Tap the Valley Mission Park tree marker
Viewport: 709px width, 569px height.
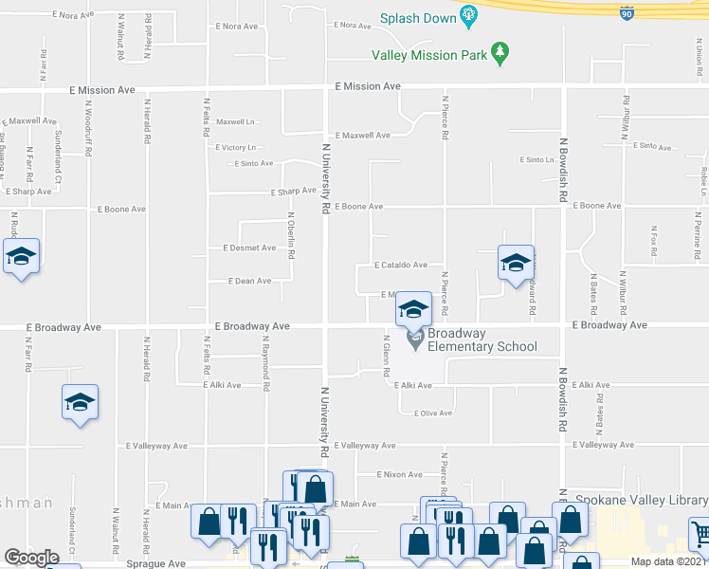(500, 54)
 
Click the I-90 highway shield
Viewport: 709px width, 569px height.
(626, 12)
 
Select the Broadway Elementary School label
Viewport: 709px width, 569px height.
(482, 340)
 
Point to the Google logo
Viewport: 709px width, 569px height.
(31, 557)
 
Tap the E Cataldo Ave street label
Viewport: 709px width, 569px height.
(400, 266)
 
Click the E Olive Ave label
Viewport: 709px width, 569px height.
(426, 413)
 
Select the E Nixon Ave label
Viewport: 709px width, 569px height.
(399, 474)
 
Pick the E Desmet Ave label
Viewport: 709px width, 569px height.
(249, 248)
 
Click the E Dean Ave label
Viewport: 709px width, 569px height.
(249, 281)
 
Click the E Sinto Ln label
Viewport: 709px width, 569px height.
(536, 160)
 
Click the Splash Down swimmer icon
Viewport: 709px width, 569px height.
(468, 15)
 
